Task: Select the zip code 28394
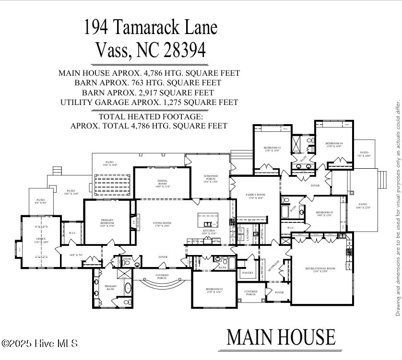(182, 49)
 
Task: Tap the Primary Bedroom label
(107, 222)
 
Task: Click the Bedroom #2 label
(214, 290)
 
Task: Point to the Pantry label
(248, 273)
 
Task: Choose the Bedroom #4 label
(334, 145)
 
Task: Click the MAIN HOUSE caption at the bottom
(281, 337)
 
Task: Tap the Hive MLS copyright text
(39, 343)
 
